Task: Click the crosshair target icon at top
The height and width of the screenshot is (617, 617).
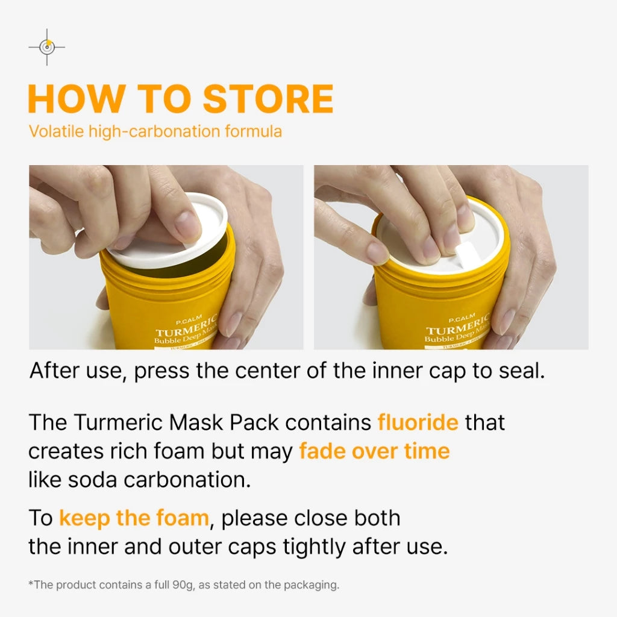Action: (x=47, y=47)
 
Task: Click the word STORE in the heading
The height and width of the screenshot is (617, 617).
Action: (x=268, y=99)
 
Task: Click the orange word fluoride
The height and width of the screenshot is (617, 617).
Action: (x=418, y=422)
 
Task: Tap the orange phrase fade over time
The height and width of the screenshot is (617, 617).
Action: (x=374, y=451)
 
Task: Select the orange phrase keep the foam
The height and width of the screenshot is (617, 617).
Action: (x=134, y=518)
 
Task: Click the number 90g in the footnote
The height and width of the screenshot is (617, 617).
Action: (x=183, y=585)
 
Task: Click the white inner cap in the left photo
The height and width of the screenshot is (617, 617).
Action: (x=169, y=232)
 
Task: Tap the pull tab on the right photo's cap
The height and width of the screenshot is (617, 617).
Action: (x=467, y=252)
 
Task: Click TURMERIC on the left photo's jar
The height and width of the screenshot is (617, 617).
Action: (x=186, y=327)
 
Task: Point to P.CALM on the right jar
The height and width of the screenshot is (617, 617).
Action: (x=462, y=317)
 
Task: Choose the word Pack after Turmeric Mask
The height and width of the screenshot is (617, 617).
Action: (x=254, y=422)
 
